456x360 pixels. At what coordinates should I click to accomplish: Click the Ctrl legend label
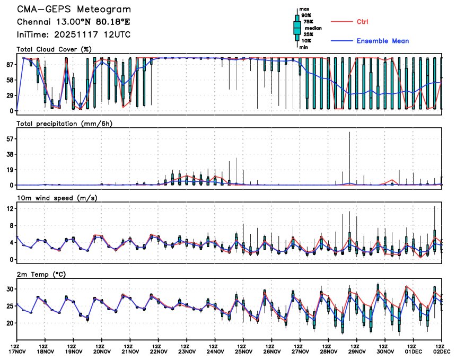coord(362,22)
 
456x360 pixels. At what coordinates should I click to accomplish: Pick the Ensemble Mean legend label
coord(382,41)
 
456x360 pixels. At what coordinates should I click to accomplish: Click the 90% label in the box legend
coord(306,15)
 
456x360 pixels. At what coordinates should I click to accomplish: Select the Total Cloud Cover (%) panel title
coord(54,50)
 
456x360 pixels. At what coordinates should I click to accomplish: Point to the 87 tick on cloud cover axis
coord(9,64)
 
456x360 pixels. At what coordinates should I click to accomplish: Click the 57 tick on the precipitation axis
coord(9,139)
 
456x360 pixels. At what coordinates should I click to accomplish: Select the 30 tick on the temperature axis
coord(9,289)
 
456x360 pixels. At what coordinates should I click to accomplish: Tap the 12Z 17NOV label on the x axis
coord(17,349)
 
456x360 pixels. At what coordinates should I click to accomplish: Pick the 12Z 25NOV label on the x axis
coord(243,349)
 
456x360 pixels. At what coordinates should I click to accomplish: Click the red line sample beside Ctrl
coord(341,22)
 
